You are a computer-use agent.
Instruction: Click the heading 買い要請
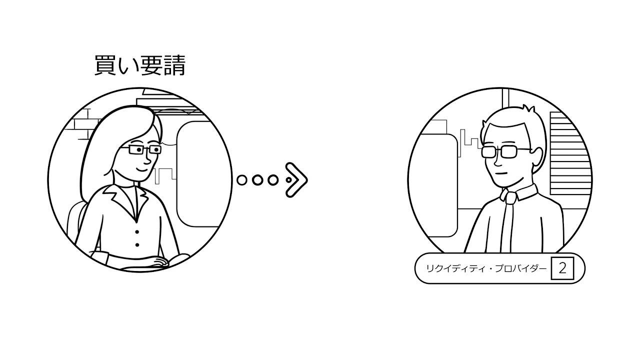pyautogui.click(x=140, y=65)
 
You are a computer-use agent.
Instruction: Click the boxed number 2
pyautogui.click(x=562, y=268)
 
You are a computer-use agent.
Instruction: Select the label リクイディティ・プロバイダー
pyautogui.click(x=486, y=268)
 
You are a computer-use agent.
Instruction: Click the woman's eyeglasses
pyautogui.click(x=144, y=149)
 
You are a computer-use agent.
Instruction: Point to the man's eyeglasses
pyautogui.click(x=503, y=151)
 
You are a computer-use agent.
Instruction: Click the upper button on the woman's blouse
pyautogui.click(x=137, y=231)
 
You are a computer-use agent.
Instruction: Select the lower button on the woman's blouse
pyautogui.click(x=137, y=245)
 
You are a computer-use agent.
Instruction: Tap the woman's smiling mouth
pyautogui.click(x=141, y=169)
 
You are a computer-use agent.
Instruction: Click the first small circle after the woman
pyautogui.click(x=242, y=180)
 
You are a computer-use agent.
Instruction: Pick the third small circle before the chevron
pyautogui.click(x=273, y=180)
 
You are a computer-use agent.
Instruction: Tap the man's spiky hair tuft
pyautogui.click(x=528, y=109)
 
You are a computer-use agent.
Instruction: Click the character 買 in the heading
pyautogui.click(x=104, y=65)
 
